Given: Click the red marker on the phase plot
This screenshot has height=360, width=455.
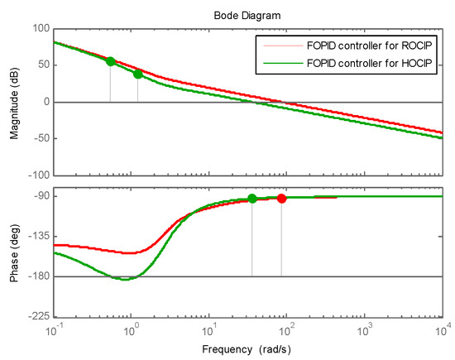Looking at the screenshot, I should [281, 199].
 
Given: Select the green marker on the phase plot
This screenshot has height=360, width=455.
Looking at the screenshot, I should [252, 199].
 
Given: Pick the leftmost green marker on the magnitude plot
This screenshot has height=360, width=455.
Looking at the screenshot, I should [110, 61].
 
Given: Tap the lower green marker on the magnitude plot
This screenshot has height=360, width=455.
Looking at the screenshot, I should [137, 74].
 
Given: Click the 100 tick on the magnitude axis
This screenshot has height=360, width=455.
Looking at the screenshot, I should [39, 29].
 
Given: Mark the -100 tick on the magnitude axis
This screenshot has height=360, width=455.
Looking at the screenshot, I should [37, 175].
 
